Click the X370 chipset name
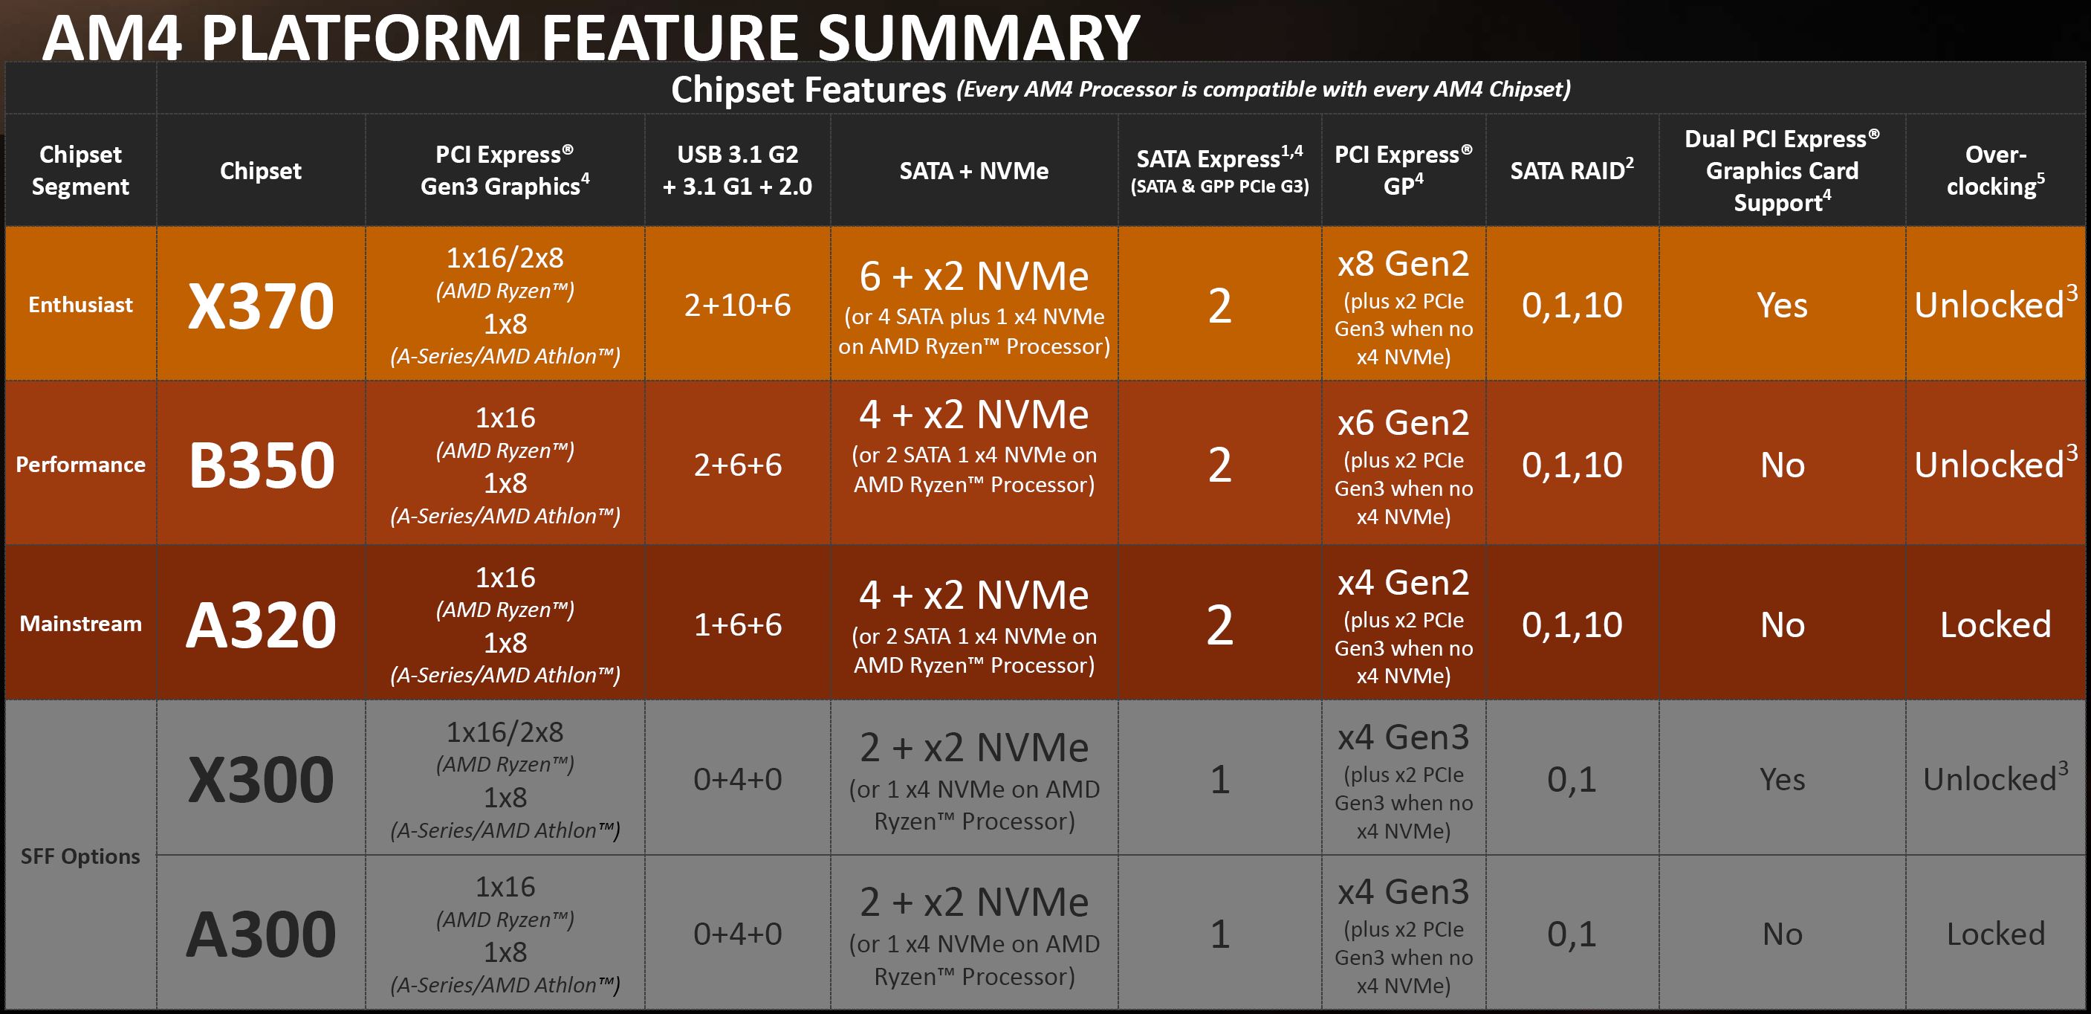[261, 306]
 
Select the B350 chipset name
[262, 465]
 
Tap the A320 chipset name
[261, 624]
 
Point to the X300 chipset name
[261, 779]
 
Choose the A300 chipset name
[261, 934]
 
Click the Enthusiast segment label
[80, 306]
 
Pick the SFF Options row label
[80, 856]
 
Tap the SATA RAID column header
[1572, 170]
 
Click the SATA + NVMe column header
[973, 170]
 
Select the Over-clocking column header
[1995, 170]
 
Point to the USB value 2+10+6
[737, 306]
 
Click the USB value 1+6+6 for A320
[737, 624]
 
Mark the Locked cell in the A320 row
[1995, 624]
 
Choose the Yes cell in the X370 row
[1782, 306]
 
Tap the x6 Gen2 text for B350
[1404, 423]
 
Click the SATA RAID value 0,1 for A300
[1572, 934]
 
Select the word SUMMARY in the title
[978, 37]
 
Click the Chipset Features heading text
[808, 89]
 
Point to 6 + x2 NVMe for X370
[973, 277]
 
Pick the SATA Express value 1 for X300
[1219, 779]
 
